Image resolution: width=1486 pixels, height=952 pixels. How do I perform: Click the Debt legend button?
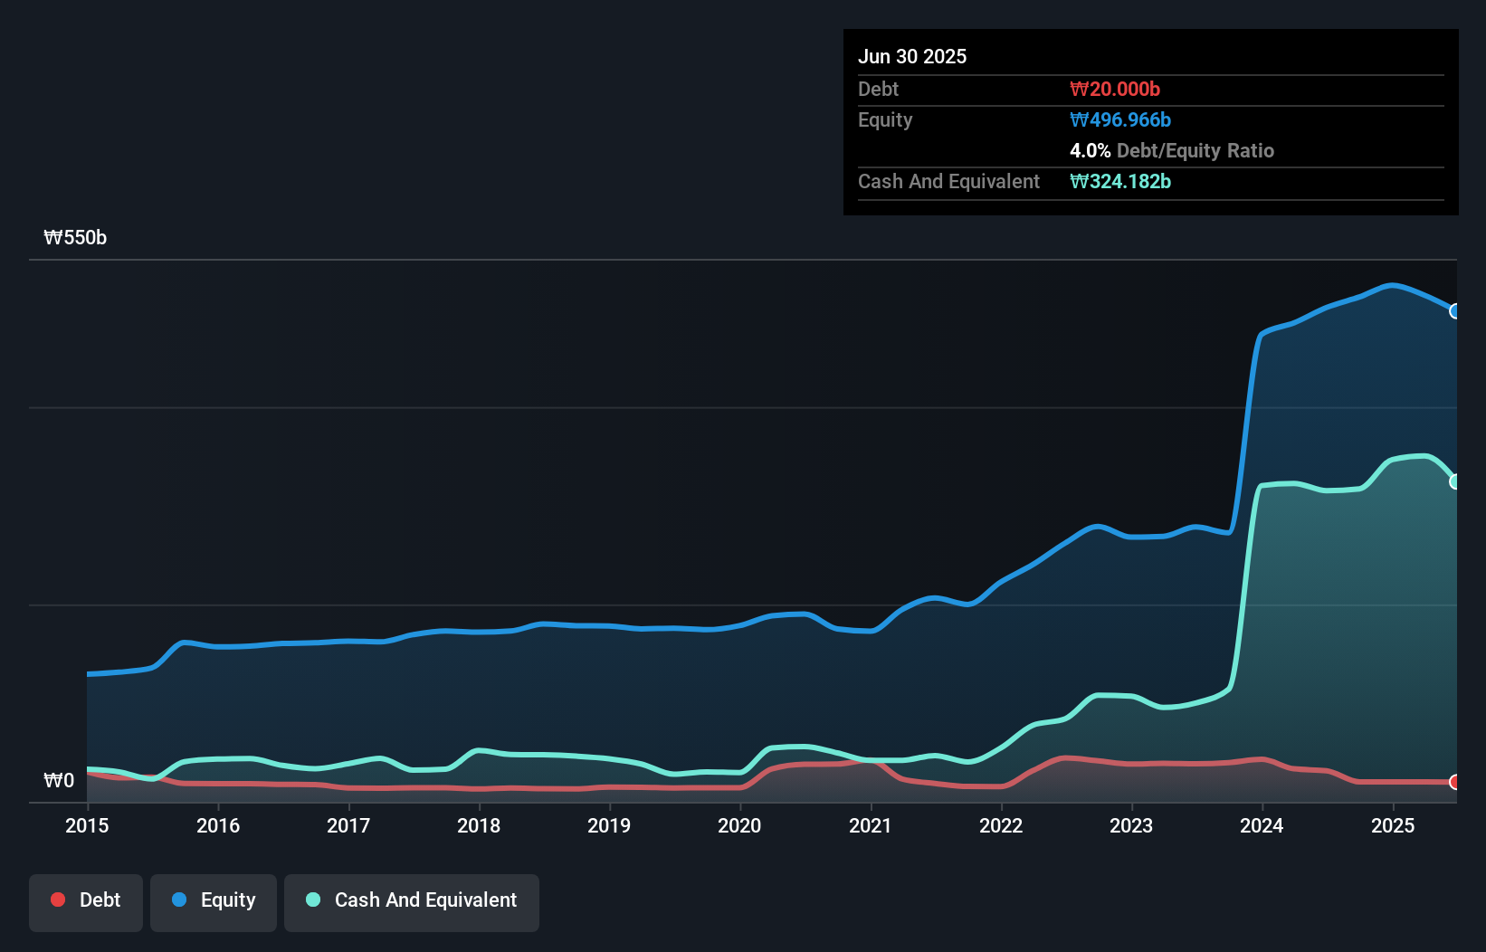[x=86, y=901]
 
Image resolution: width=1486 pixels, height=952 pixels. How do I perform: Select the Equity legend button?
[x=214, y=901]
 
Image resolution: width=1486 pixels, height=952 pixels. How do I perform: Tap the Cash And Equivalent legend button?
[x=412, y=901]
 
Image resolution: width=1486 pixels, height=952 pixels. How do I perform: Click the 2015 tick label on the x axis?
[x=87, y=825]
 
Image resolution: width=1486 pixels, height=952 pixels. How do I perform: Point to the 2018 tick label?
[x=479, y=825]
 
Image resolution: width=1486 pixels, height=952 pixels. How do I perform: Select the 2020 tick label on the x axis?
[x=739, y=825]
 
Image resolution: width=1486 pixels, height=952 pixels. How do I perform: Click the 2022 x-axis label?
[x=1001, y=825]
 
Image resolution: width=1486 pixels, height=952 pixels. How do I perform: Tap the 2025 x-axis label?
[x=1393, y=825]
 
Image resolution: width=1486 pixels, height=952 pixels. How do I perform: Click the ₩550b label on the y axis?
[x=75, y=238]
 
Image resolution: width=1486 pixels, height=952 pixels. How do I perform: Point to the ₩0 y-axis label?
[x=59, y=780]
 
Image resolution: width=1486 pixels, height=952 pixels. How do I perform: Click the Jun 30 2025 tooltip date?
[x=912, y=56]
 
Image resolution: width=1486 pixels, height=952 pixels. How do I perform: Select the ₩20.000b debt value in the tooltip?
[x=1115, y=89]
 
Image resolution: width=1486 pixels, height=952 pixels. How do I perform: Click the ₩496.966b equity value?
[x=1120, y=119]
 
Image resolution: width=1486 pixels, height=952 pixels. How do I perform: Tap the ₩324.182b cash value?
[x=1120, y=181]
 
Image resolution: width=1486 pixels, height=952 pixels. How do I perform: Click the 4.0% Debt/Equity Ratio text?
[x=1172, y=150]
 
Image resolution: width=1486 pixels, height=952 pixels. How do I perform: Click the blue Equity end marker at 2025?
[x=1455, y=311]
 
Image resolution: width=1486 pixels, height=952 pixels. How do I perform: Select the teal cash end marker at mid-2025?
[x=1455, y=481]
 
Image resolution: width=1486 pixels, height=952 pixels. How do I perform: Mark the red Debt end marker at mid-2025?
[x=1455, y=782]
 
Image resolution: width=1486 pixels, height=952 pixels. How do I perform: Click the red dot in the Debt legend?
[x=58, y=900]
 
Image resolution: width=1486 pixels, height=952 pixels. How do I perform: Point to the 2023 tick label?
[x=1131, y=825]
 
